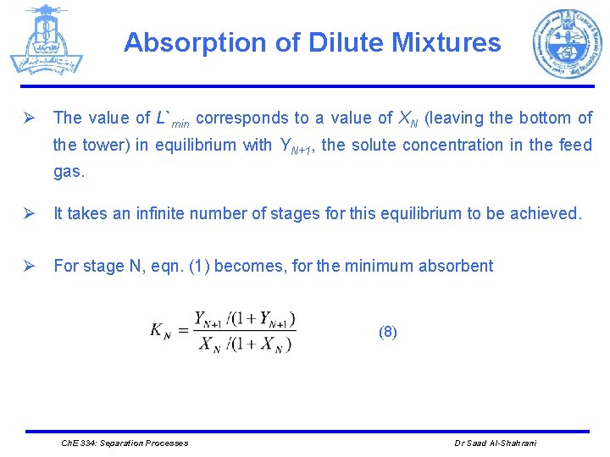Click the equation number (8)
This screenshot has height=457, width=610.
tap(387, 333)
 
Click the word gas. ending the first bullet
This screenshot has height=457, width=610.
tap(69, 171)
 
